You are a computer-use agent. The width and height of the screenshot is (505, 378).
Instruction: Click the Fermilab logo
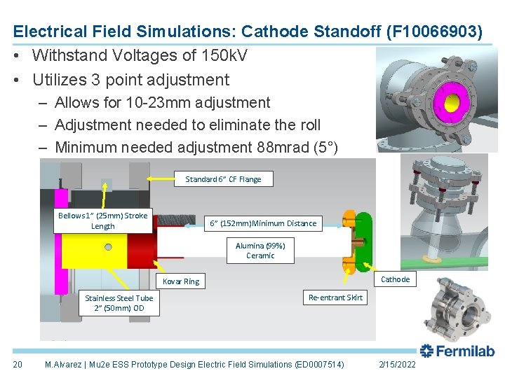coord(457,351)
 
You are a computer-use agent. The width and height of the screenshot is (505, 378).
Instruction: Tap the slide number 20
coord(18,365)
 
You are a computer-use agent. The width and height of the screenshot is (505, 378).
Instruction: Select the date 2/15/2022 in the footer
coord(396,365)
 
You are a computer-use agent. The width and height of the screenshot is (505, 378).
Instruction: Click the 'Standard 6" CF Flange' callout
coord(223,179)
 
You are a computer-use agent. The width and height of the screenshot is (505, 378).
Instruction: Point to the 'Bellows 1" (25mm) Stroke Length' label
coord(102,220)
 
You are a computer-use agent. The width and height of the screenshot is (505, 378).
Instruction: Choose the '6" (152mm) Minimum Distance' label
coord(263,223)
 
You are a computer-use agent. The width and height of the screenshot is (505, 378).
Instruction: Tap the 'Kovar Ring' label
coord(181,281)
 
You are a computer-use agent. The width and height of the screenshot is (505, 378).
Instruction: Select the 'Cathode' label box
coord(395,279)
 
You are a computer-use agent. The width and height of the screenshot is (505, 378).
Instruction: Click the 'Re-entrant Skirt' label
coord(336,297)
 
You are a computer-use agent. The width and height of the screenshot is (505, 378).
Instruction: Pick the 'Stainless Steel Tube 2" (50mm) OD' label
coord(119,302)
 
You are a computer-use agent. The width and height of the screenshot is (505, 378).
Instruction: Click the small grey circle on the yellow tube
coord(108,246)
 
